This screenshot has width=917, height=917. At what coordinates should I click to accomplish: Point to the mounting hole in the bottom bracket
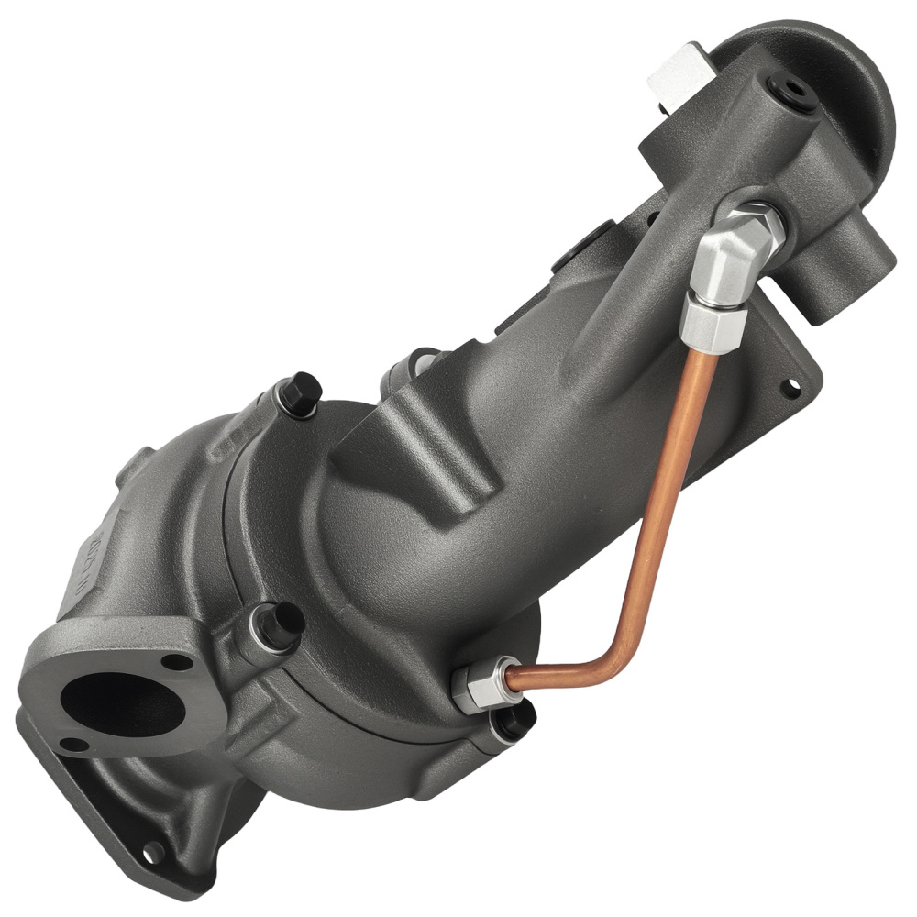click(152, 852)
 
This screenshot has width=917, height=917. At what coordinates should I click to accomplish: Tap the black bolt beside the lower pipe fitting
click(513, 721)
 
